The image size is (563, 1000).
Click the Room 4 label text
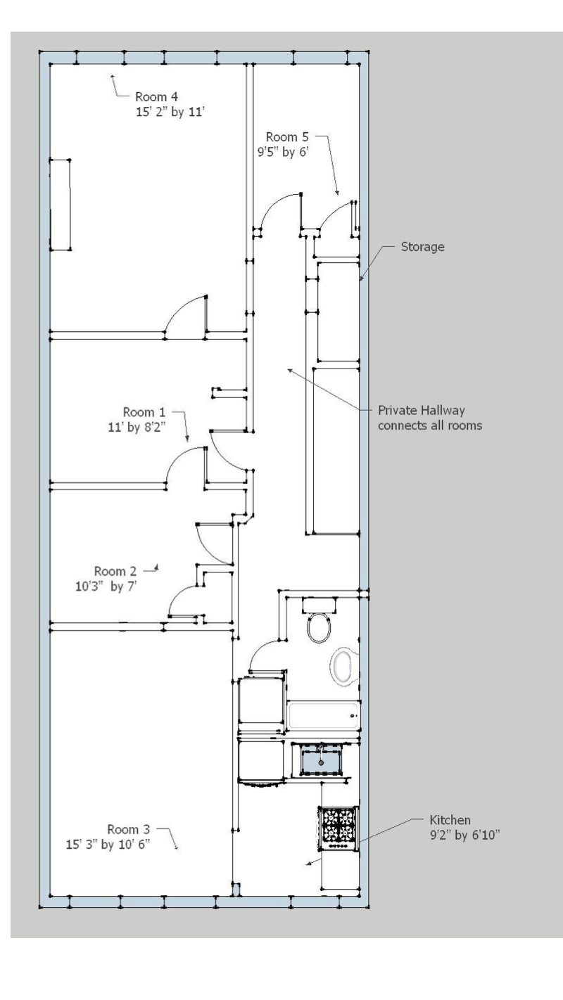[156, 96]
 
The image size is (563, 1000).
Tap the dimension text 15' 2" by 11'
[170, 112]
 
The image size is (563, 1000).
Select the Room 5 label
[287, 136]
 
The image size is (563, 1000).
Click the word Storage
[423, 247]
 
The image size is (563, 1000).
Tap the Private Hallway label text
[422, 410]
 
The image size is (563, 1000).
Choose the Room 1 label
[144, 412]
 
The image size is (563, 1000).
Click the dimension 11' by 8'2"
[137, 428]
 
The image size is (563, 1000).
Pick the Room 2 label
[115, 571]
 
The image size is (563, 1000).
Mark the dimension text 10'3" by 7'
[106, 586]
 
